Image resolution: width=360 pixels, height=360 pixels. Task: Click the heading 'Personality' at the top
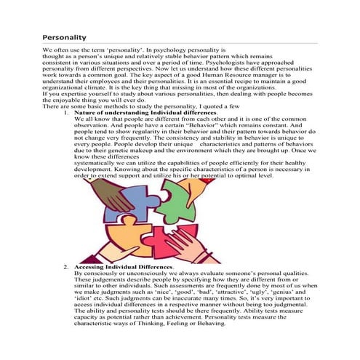click(x=65, y=36)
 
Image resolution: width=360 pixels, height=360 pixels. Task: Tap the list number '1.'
click(x=67, y=114)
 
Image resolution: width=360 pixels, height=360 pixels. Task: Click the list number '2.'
click(x=67, y=267)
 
